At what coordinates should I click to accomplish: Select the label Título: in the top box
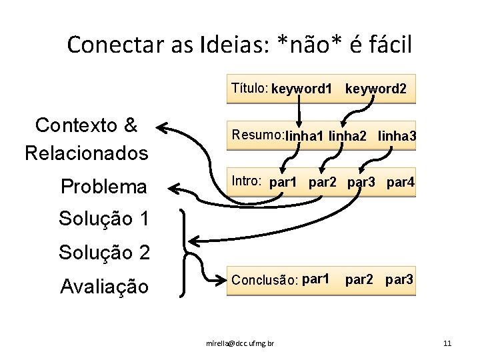pyautogui.click(x=249, y=87)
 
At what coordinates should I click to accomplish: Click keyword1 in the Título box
pyautogui.click(x=301, y=89)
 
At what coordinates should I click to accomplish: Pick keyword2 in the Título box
pyautogui.click(x=376, y=89)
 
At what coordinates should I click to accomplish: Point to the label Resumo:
pyautogui.click(x=257, y=135)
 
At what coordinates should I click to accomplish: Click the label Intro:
pyautogui.click(x=246, y=181)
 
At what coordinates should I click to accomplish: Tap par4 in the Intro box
pyautogui.click(x=400, y=182)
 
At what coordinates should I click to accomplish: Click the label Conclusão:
pyautogui.click(x=264, y=280)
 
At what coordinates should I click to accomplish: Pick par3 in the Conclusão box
pyautogui.click(x=400, y=280)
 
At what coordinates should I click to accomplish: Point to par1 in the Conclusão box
pyautogui.click(x=315, y=279)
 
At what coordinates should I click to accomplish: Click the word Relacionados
pyautogui.click(x=86, y=153)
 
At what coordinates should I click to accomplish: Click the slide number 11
pyautogui.click(x=447, y=343)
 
